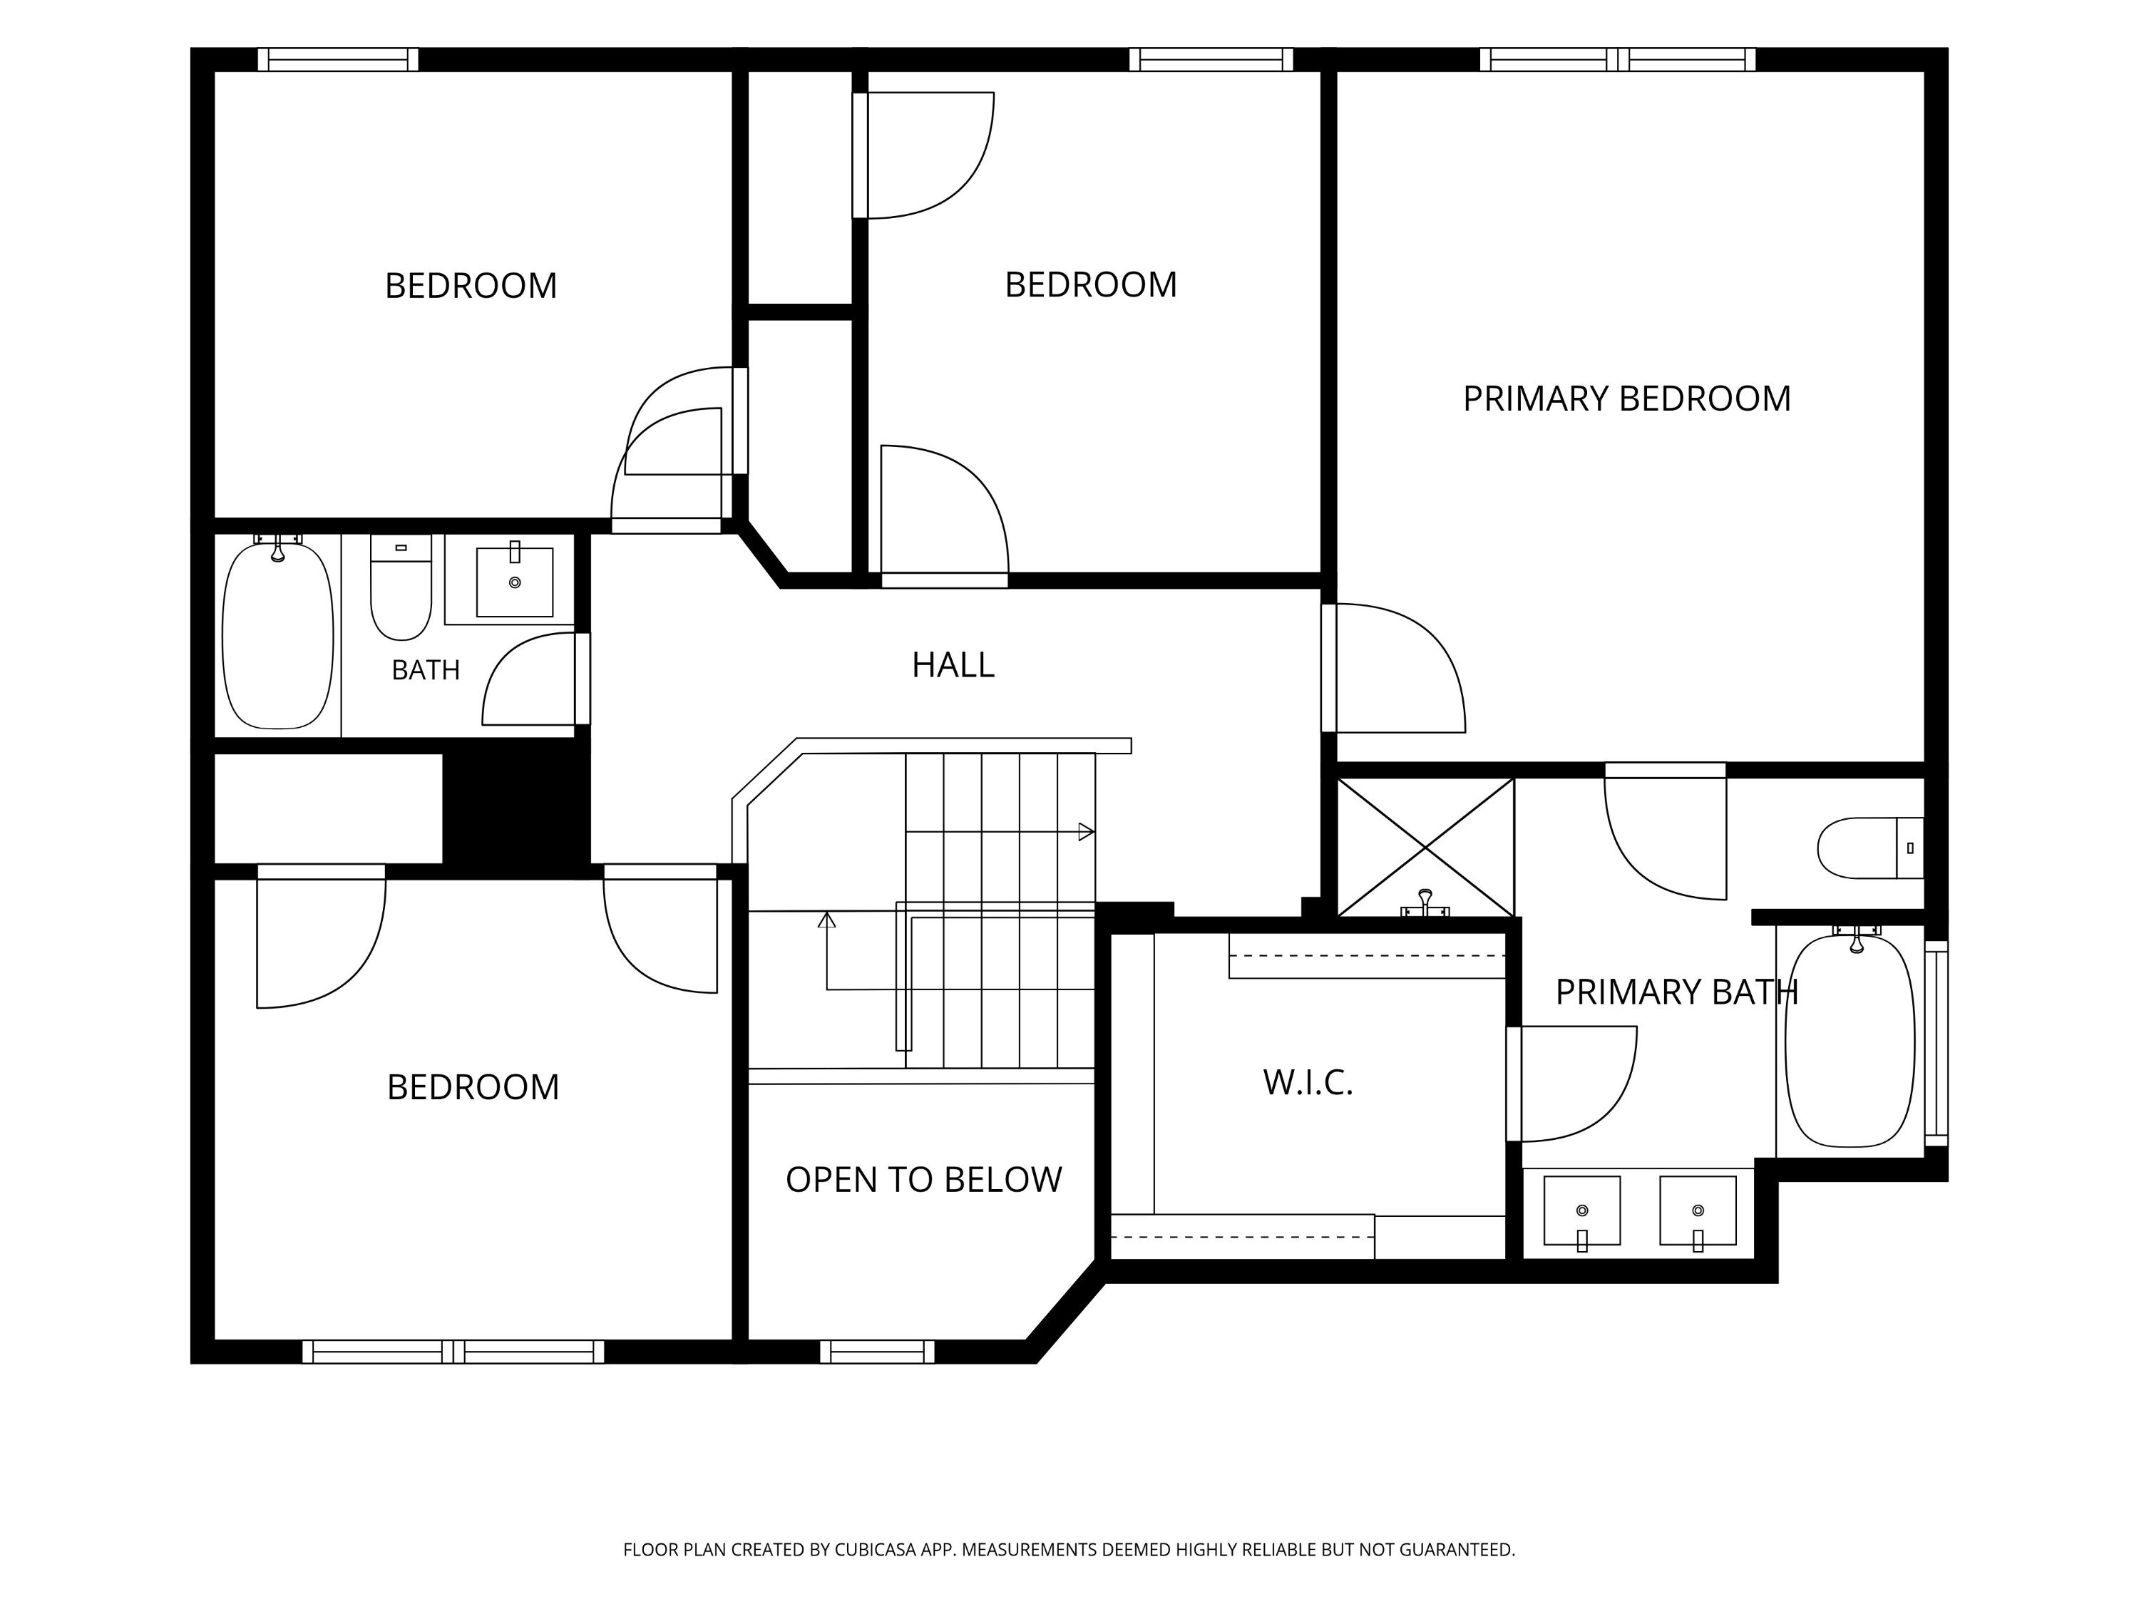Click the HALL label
(x=953, y=665)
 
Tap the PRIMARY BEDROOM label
(x=1626, y=399)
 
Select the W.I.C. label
(x=1308, y=1082)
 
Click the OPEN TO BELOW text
(x=923, y=1180)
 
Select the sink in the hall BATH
(x=515, y=582)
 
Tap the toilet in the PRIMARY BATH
(x=1870, y=848)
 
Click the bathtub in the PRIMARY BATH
(x=1849, y=1042)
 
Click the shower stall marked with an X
(x=1425, y=848)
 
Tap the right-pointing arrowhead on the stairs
(x=1086, y=831)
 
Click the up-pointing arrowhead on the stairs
(x=827, y=920)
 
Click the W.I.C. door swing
(x=1571, y=1084)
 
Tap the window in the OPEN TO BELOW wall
(x=877, y=1352)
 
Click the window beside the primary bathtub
(x=1936, y=1043)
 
